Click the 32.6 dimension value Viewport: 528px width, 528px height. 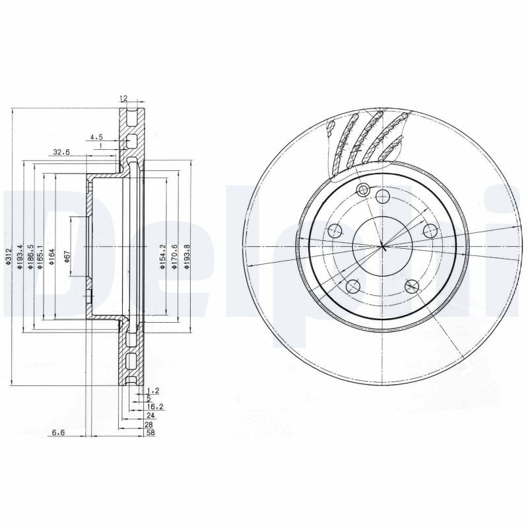point(61,152)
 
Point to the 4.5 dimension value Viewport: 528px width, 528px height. point(96,138)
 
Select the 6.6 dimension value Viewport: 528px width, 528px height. point(58,433)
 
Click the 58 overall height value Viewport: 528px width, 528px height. point(150,433)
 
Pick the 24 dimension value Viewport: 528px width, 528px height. point(150,416)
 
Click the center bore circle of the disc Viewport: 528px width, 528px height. point(382,247)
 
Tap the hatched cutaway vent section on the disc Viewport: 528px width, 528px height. point(367,142)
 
